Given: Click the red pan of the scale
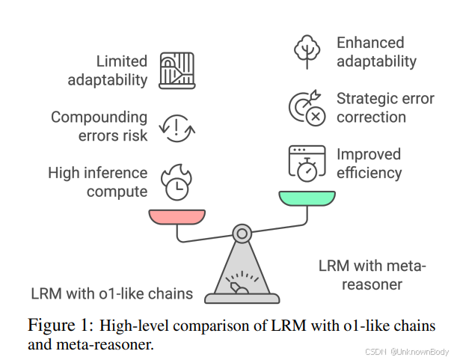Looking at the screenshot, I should [177, 216].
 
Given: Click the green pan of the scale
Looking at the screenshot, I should [307, 198].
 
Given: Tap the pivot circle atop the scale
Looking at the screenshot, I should [242, 234].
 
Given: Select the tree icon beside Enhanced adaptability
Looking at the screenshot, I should [307, 50].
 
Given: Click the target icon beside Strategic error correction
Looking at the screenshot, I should [307, 107].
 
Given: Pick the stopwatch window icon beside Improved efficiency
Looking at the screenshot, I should [307, 162].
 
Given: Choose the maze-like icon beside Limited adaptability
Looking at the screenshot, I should [177, 70].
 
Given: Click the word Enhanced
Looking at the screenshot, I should [370, 43].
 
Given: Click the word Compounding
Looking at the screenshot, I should [99, 117].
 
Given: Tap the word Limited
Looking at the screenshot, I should [122, 61].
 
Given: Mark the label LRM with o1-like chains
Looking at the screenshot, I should [111, 293].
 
